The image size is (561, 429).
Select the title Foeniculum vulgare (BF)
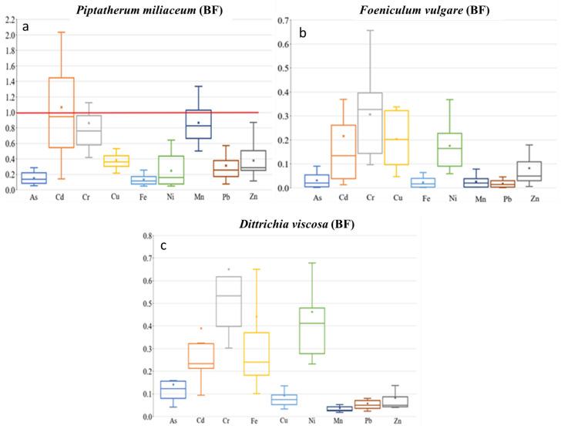(424, 8)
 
